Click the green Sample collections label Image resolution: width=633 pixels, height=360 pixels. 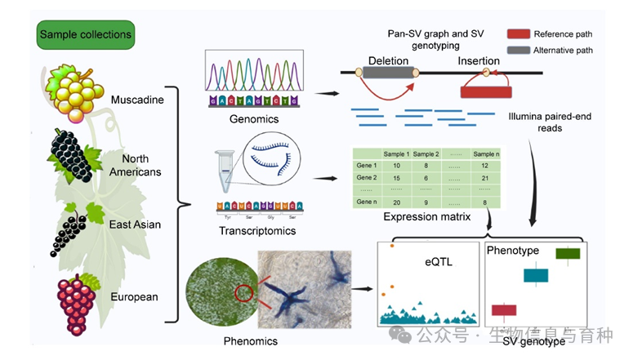coord(85,35)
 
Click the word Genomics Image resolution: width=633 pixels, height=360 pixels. coord(254,119)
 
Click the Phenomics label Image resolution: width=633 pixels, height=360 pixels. coord(250,340)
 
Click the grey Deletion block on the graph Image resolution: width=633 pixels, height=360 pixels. coord(388,73)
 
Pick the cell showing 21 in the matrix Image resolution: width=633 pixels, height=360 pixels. coord(485,177)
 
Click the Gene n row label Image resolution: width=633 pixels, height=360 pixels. coord(368,201)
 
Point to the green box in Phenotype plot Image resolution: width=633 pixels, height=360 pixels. coord(568,254)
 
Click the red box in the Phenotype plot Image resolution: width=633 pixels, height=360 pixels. coord(504,310)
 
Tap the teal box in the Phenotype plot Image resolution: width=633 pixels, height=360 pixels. coord(536,276)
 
